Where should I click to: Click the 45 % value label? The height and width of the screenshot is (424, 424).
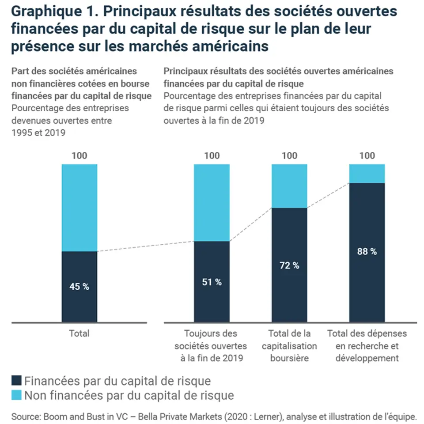tap(79, 286)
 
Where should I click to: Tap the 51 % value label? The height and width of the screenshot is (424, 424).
tap(212, 282)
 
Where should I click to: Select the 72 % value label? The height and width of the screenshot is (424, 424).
tap(289, 265)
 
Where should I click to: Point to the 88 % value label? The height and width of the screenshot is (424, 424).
tap(367, 251)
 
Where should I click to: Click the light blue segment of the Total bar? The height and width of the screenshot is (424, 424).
tap(79, 208)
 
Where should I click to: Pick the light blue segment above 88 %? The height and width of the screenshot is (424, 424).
tap(367, 173)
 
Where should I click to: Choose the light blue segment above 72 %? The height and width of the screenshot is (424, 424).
tap(289, 185)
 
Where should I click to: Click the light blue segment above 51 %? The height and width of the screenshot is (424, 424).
tap(212, 202)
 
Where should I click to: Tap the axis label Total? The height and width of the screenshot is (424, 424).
tap(79, 333)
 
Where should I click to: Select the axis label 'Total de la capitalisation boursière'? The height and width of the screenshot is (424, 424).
tap(289, 345)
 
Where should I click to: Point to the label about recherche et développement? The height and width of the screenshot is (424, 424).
tap(367, 345)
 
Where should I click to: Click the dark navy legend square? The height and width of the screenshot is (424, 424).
tap(17, 380)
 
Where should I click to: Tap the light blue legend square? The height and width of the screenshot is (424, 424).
tap(17, 395)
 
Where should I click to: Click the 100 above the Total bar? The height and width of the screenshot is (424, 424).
tap(79, 155)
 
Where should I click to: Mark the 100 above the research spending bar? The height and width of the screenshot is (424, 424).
tap(367, 155)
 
